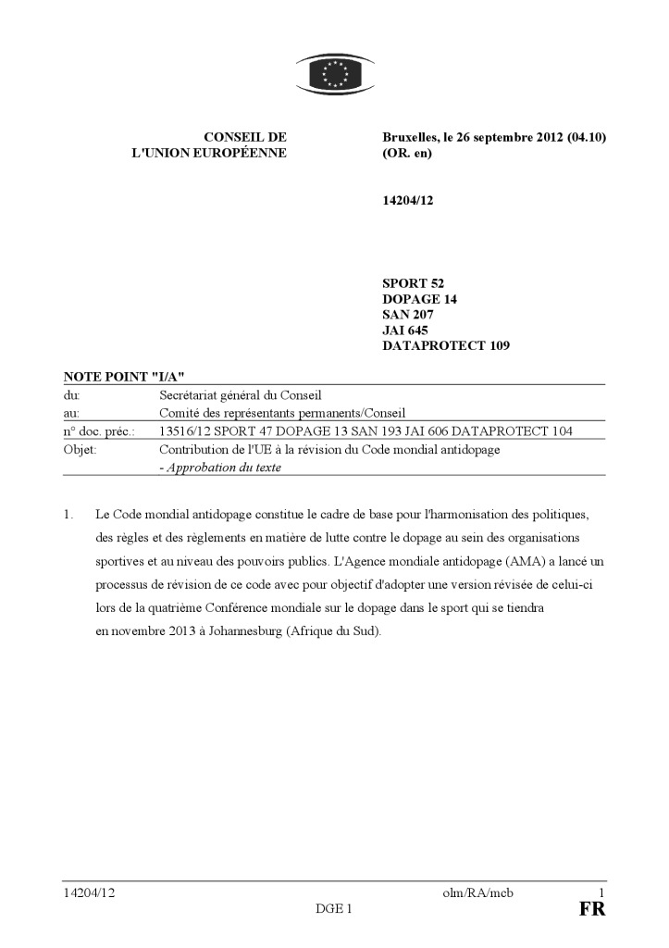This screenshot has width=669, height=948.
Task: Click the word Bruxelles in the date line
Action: (413, 137)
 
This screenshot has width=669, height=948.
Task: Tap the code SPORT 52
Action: (418, 283)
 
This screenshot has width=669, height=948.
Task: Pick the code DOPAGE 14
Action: (419, 299)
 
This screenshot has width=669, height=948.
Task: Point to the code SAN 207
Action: (408, 315)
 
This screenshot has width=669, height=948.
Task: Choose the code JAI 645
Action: (404, 331)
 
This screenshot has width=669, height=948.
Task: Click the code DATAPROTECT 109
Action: (446, 346)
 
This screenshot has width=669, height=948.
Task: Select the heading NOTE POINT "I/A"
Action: (124, 376)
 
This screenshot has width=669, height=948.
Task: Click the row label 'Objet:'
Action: (81, 450)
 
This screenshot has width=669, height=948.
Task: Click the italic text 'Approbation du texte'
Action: (223, 468)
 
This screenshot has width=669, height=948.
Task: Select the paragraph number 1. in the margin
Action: (68, 513)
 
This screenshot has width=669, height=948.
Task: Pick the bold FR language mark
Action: (592, 909)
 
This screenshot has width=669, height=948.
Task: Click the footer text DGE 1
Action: (334, 909)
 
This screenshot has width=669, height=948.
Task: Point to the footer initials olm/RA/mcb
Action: (478, 892)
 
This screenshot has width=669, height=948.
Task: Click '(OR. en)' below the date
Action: (407, 154)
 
